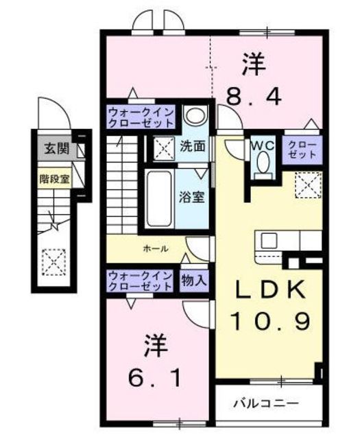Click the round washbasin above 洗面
tap(195, 117)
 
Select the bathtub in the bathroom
tap(161, 198)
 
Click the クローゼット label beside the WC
tap(302, 150)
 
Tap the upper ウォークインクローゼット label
tap(141, 117)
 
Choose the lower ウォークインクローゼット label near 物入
tap(141, 280)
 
